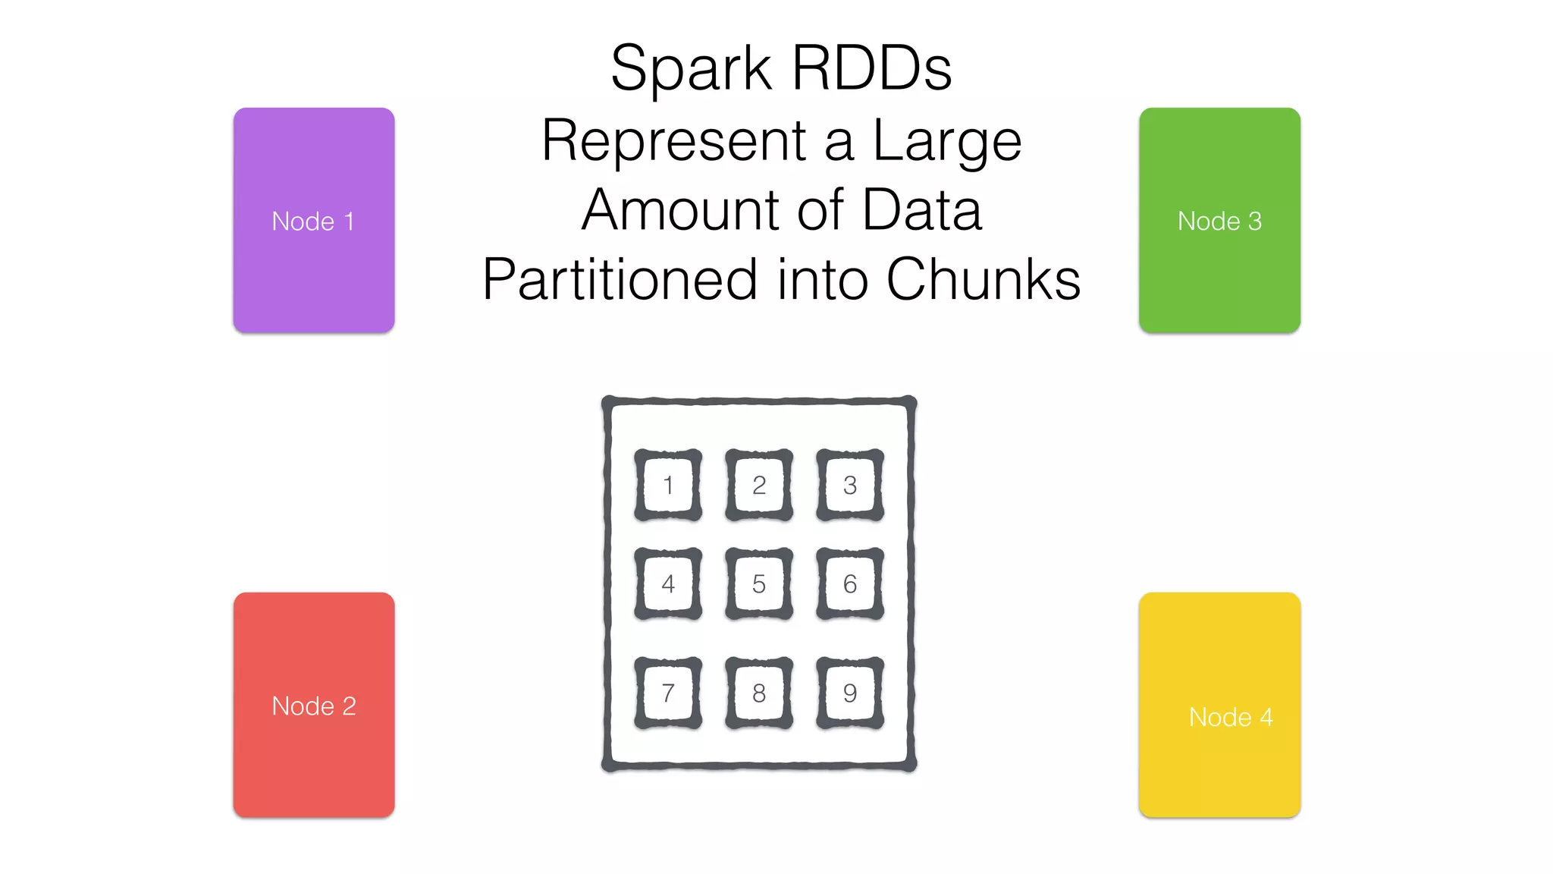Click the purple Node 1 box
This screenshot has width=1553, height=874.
tap(313, 220)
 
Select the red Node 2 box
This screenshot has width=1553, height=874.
tap(313, 705)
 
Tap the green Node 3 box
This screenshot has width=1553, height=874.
tap(1219, 220)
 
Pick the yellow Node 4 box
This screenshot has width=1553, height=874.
tap(1219, 705)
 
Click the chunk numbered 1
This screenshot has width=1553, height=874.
tap(668, 485)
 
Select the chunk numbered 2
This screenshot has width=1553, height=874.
tap(759, 485)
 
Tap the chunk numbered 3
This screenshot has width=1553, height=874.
tap(850, 485)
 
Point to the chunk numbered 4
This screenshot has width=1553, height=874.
tap(668, 583)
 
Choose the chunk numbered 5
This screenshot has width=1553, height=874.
tap(759, 583)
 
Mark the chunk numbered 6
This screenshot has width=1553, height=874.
tap(850, 583)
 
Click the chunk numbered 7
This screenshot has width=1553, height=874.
tap(668, 693)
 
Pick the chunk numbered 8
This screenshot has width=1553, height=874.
tap(759, 693)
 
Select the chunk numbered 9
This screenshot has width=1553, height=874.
tap(850, 693)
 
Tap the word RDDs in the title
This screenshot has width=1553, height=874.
tap(871, 68)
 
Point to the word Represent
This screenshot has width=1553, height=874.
tap(673, 142)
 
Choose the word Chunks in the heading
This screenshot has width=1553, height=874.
tap(983, 280)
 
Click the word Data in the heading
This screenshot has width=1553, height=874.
tap(922, 210)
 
